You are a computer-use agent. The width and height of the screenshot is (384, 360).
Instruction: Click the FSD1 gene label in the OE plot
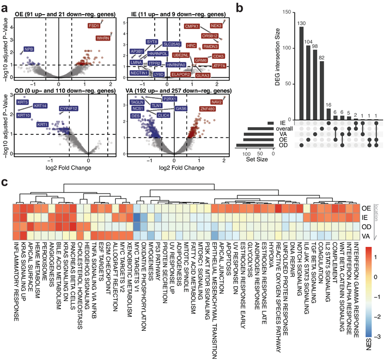click(x=94, y=26)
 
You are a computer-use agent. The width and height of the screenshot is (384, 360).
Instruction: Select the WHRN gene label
click(x=103, y=38)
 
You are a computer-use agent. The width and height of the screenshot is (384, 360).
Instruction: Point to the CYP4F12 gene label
click(x=69, y=108)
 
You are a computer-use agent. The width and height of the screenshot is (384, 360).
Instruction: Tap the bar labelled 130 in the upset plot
click(x=302, y=73)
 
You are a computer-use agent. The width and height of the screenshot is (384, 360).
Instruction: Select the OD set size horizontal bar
click(x=255, y=144)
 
